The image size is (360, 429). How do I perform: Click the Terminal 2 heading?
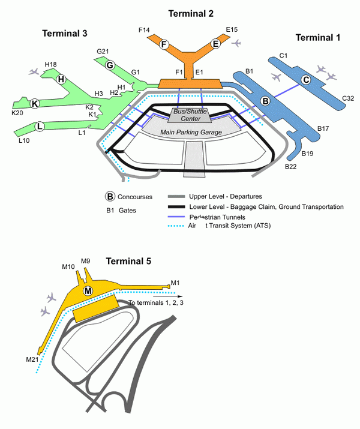[190, 13]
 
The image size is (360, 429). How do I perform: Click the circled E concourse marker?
[216, 43]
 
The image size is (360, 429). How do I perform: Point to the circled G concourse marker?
[110, 65]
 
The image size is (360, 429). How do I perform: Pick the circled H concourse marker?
[61, 79]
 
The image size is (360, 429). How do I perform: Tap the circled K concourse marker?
[35, 103]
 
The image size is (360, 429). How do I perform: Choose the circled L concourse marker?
[40, 126]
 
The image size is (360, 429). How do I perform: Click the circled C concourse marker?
[305, 79]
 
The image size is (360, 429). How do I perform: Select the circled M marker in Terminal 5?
[88, 291]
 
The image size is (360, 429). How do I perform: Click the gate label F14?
[144, 29]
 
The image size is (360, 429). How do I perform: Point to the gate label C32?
[348, 98]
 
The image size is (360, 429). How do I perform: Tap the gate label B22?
[291, 166]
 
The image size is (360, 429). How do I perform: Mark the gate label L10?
[24, 140]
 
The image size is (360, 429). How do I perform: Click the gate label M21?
[32, 359]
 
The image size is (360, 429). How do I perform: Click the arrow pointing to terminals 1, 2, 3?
[167, 296]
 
